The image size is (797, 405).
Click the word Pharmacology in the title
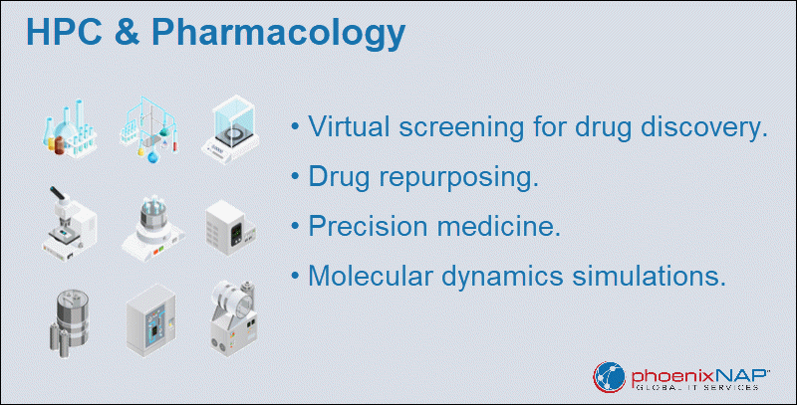(278, 34)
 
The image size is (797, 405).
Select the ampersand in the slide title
(127, 32)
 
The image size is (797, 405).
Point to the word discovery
(704, 127)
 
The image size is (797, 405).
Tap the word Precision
(368, 225)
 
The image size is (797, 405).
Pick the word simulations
(650, 276)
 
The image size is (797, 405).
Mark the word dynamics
(502, 277)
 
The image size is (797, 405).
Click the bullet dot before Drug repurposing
(295, 176)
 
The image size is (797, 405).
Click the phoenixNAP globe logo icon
(609, 377)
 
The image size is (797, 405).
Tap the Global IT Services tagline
(697, 388)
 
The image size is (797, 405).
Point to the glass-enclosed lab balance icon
(231, 129)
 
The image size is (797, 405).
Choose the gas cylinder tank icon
(69, 320)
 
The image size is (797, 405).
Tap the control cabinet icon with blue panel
(151, 320)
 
